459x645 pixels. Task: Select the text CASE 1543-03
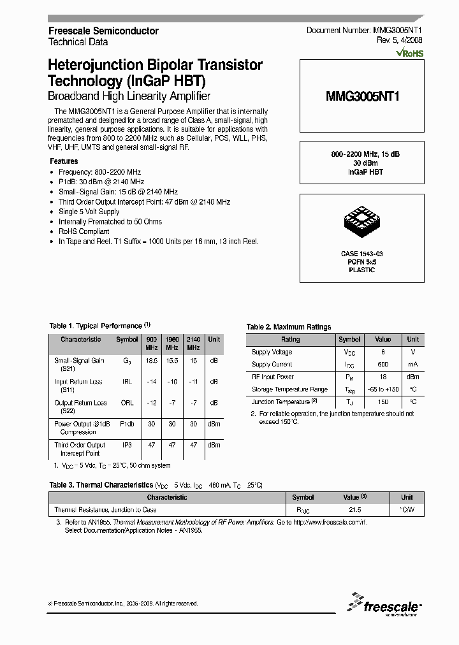pos(361,254)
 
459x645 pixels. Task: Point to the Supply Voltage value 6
pos(382,352)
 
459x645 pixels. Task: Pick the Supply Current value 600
pos(382,365)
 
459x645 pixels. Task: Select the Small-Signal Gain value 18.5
pos(152,361)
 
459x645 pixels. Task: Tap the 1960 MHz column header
pos(172,343)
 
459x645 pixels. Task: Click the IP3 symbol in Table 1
pos(127,446)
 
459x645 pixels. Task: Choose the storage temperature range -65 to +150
pos(382,389)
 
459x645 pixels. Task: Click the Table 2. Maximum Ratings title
pos(289,327)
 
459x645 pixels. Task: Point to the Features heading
pos(64,161)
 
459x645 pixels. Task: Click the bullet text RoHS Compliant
pos(84,231)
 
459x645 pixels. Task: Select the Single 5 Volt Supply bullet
pos(89,212)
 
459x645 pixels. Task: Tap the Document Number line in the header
pos(364,31)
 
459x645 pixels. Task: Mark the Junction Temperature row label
pos(280,402)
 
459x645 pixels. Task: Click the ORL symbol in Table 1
pos(127,403)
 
